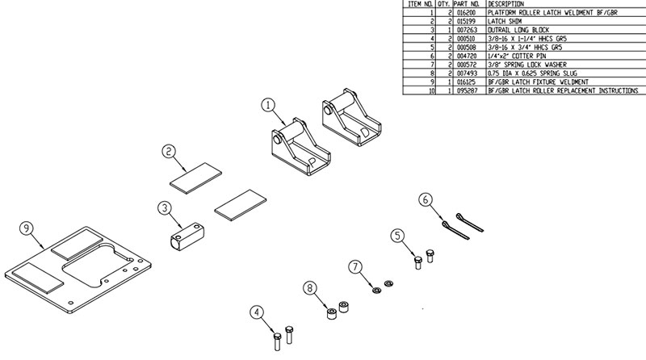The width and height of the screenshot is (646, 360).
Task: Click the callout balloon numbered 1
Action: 269,104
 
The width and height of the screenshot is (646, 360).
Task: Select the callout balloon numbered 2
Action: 168,151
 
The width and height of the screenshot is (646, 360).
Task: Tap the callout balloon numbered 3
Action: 164,208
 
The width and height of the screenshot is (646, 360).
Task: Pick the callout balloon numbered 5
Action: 397,236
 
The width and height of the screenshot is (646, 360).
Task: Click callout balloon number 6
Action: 426,199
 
